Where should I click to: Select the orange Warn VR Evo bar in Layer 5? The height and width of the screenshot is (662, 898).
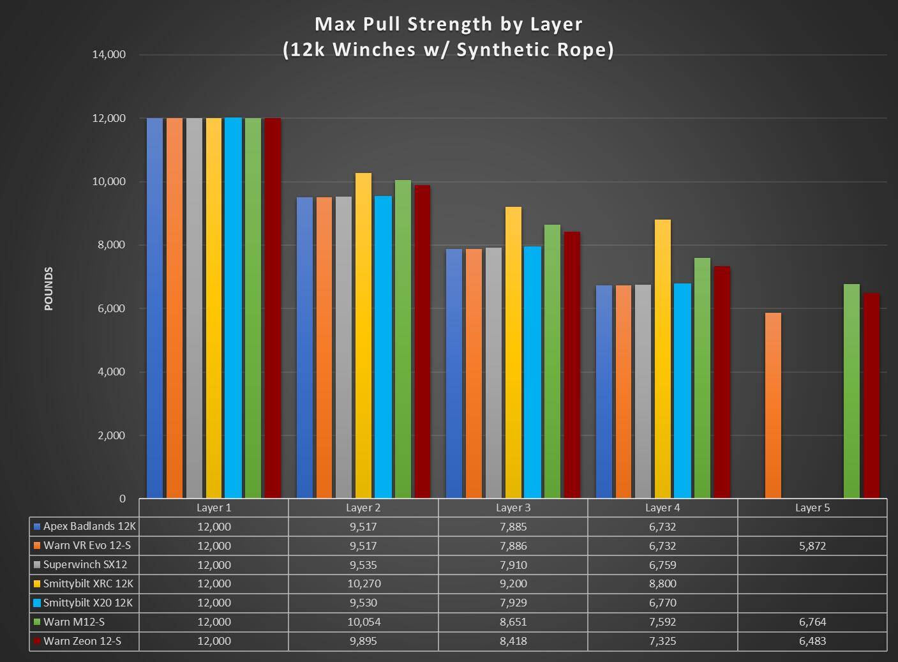pos(773,405)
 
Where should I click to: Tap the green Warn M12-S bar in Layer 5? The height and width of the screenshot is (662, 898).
pos(851,391)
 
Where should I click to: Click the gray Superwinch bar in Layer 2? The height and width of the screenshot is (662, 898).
pos(343,347)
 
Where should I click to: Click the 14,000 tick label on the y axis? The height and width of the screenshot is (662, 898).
pos(109,55)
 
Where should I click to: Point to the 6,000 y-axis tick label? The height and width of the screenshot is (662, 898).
pos(112,309)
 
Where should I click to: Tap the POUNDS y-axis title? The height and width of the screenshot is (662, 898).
pos(49,289)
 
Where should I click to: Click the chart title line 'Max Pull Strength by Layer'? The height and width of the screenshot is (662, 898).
pos(448,24)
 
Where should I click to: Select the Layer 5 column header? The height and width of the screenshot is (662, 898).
pos(812,508)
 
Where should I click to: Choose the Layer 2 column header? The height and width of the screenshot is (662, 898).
pos(363,508)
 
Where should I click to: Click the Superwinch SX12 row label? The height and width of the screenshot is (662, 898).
pos(85,565)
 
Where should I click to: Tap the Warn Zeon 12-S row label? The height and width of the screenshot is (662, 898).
pos(82,641)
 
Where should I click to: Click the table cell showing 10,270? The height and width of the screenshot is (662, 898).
pos(363,583)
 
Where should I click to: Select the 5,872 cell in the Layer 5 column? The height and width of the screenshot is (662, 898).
pos(812,546)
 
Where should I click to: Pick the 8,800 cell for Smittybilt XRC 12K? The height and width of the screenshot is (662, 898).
pos(662,583)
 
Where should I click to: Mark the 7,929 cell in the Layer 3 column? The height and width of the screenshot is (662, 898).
pos(513,603)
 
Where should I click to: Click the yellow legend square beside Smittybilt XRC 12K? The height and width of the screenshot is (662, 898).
pos(37,584)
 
